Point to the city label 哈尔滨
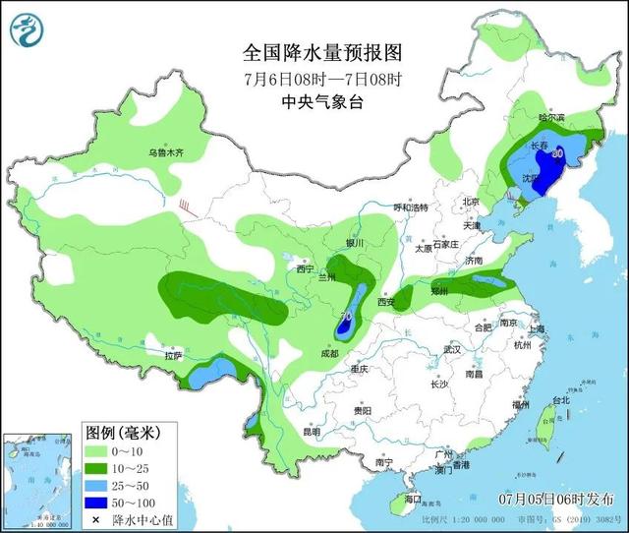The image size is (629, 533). point(552,117)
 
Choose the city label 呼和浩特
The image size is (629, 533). point(412,207)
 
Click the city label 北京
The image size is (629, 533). point(472,202)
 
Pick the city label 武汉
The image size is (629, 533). point(452,349)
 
